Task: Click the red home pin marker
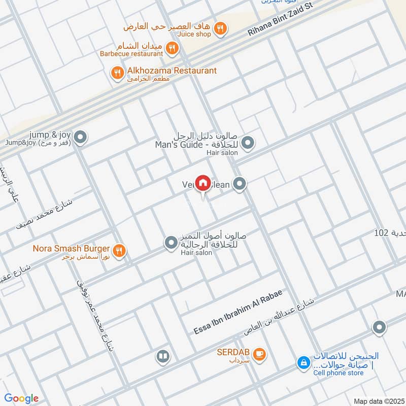(203, 183)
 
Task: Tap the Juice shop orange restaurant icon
(220, 28)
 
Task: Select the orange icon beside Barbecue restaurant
(173, 48)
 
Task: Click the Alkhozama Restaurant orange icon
(118, 74)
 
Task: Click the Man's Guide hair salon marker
(248, 144)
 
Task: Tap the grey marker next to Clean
(240, 184)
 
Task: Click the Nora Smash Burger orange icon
(120, 250)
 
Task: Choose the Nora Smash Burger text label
(71, 249)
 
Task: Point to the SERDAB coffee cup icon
(259, 354)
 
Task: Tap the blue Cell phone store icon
(303, 363)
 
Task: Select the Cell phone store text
(339, 373)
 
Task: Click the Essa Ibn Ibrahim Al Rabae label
(238, 312)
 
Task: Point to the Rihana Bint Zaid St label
(281, 18)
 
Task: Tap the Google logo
(21, 398)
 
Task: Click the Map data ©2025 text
(378, 401)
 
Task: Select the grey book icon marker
(162, 356)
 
